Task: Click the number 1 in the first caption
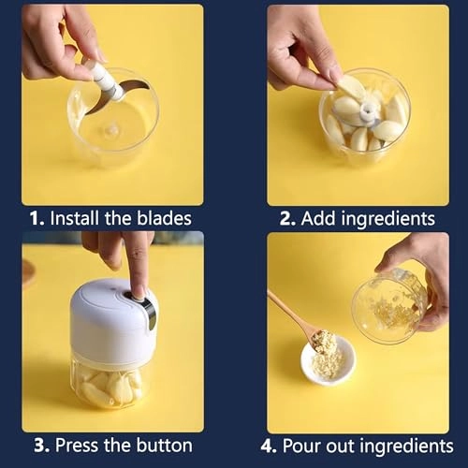pyautogui.click(x=36, y=219)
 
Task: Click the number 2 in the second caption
pyautogui.click(x=286, y=219)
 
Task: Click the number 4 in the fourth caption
pyautogui.click(x=272, y=446)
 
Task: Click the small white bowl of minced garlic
pyautogui.click(x=328, y=360)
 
